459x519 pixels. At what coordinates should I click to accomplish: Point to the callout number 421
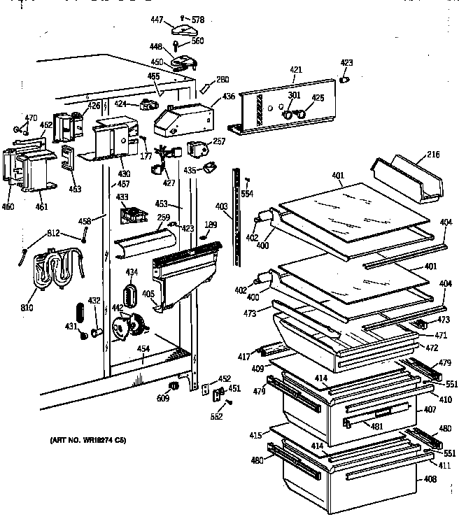(x=297, y=69)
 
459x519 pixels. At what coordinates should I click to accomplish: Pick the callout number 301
(x=293, y=96)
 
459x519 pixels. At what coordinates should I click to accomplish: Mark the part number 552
(x=216, y=417)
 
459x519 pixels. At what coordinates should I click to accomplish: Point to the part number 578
(x=198, y=20)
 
